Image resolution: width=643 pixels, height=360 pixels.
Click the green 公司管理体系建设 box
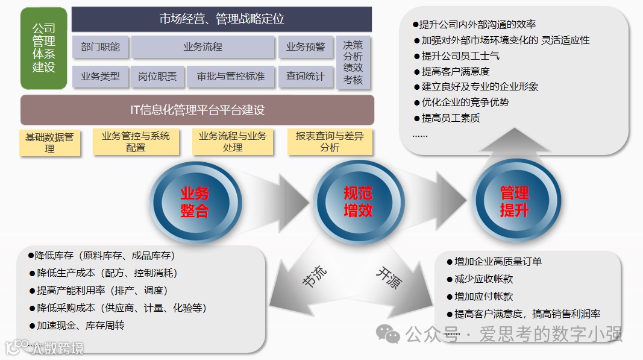click(44, 48)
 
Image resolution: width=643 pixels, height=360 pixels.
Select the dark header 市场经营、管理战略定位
click(221, 19)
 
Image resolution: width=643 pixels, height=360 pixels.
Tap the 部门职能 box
click(100, 47)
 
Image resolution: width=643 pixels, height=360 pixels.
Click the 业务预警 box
click(305, 47)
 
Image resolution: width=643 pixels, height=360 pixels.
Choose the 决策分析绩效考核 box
click(353, 62)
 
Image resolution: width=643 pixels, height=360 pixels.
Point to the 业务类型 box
click(100, 77)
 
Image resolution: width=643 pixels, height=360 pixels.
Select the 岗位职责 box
click(157, 77)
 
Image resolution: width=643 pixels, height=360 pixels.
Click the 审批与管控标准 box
click(230, 77)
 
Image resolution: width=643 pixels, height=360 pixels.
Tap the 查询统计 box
click(305, 77)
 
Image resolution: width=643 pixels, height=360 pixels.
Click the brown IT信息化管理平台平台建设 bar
click(198, 110)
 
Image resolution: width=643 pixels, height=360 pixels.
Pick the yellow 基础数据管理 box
click(49, 142)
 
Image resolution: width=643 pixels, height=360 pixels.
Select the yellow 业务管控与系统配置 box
click(136, 142)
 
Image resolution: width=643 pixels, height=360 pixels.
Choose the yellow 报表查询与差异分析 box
click(330, 142)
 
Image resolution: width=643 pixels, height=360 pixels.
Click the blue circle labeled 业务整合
click(194, 201)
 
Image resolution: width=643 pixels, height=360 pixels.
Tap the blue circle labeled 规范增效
click(358, 201)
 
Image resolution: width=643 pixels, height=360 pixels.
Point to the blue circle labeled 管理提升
click(514, 201)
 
